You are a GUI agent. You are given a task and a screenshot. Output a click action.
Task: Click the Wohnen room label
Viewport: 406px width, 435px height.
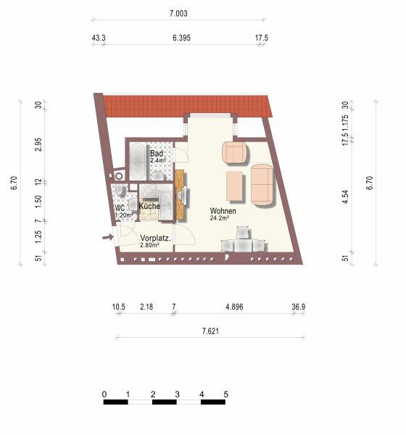click(223, 211)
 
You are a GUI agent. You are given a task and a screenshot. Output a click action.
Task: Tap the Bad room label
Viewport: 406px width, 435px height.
click(157, 153)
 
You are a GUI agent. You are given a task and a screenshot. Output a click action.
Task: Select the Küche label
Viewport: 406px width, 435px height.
click(149, 206)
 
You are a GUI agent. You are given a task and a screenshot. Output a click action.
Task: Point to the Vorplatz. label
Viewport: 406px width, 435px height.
click(155, 238)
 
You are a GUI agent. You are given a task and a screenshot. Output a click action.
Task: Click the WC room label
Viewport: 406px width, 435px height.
click(120, 208)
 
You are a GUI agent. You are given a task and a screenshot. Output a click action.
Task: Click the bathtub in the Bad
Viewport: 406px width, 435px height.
click(138, 161)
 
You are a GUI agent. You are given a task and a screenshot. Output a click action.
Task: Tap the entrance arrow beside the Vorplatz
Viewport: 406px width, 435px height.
click(108, 237)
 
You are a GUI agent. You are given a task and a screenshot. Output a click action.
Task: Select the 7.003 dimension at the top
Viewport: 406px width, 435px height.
click(178, 13)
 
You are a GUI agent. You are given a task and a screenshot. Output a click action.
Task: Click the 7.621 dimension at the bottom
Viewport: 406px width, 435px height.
click(210, 331)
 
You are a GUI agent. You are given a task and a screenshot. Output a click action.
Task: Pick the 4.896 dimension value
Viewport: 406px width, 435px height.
click(234, 307)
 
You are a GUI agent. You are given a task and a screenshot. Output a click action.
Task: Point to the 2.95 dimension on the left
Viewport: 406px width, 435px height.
click(38, 144)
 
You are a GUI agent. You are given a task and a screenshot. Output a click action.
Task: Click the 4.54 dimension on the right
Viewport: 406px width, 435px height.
click(345, 197)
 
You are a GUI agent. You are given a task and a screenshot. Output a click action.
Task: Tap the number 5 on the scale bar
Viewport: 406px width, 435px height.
click(225, 394)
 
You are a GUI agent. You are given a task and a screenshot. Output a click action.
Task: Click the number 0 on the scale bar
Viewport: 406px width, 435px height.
click(104, 394)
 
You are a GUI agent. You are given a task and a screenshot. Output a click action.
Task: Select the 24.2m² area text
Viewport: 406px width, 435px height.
click(219, 218)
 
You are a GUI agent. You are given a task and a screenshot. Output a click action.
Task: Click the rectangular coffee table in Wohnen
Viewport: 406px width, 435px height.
click(234, 186)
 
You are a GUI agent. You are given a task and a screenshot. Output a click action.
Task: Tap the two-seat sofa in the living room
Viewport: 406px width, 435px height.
click(262, 184)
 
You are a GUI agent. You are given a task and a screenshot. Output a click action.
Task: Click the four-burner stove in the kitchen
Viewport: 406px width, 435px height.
click(149, 191)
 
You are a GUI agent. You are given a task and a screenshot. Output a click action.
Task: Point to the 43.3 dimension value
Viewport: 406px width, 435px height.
click(99, 38)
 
